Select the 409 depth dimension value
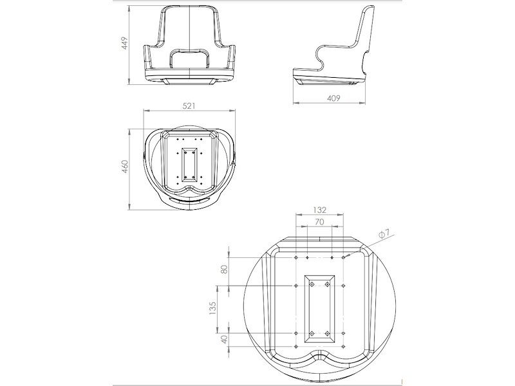tap(333, 98)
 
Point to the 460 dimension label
tap(126, 166)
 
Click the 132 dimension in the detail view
tap(319, 210)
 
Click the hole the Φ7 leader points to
tap(344, 257)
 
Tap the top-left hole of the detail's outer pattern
tap(295, 257)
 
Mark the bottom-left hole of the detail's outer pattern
tap(295, 333)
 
